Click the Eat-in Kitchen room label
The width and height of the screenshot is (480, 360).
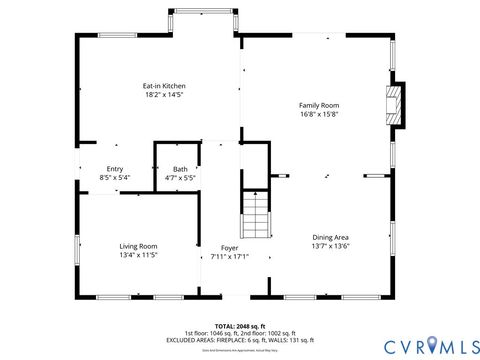(164, 86)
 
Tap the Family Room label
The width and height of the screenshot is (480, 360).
(320, 105)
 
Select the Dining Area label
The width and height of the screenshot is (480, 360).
(330, 237)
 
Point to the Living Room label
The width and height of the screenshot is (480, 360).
(139, 246)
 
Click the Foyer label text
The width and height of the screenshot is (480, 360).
(229, 246)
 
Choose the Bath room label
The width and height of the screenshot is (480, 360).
(180, 169)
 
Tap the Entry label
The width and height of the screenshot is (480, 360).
(115, 169)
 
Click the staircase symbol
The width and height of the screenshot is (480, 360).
(256, 214)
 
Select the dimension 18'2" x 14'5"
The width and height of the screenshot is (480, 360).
(164, 95)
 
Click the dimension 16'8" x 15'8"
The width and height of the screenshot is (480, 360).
(320, 114)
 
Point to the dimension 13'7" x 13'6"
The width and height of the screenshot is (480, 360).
(330, 246)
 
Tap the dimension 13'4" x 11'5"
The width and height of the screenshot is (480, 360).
(139, 255)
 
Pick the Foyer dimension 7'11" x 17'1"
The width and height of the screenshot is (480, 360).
(229, 255)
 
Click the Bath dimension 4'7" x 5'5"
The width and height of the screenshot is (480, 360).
(180, 178)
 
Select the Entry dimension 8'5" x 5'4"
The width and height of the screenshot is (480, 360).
(115, 178)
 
